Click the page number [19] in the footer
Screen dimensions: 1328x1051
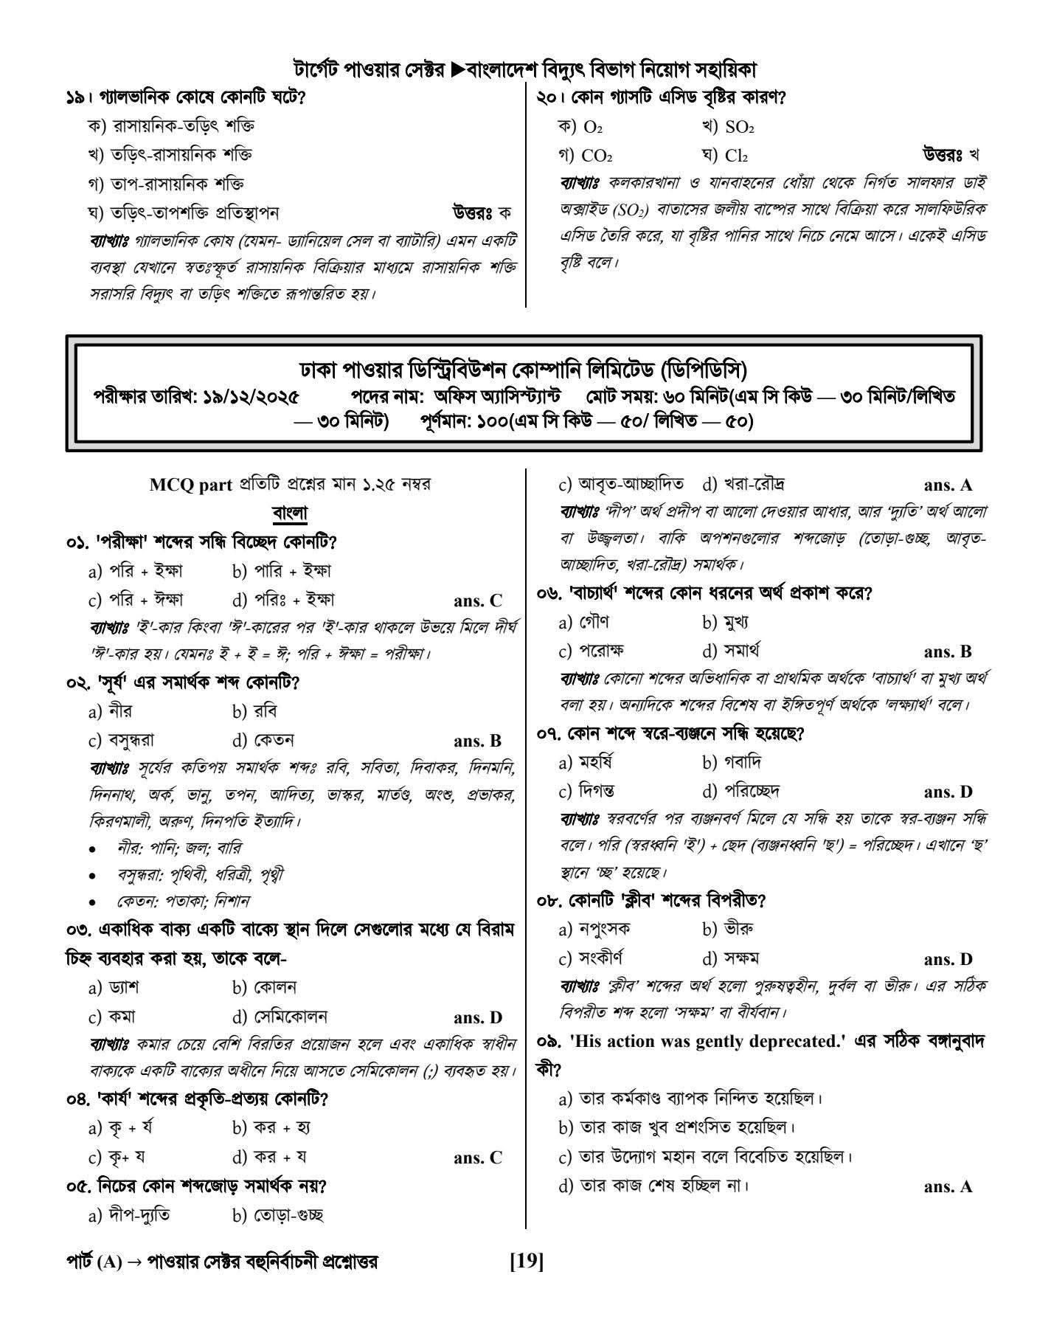526,1262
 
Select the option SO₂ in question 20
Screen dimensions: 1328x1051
738,128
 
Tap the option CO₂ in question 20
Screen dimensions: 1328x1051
596,156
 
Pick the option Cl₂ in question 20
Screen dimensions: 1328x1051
735,156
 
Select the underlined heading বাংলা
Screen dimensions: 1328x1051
290,513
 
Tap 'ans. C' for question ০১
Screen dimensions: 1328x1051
478,601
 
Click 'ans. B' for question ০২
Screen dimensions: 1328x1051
478,741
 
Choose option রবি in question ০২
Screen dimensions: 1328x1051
264,712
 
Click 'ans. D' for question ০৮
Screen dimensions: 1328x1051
948,960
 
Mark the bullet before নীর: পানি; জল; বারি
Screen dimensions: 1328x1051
91,849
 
